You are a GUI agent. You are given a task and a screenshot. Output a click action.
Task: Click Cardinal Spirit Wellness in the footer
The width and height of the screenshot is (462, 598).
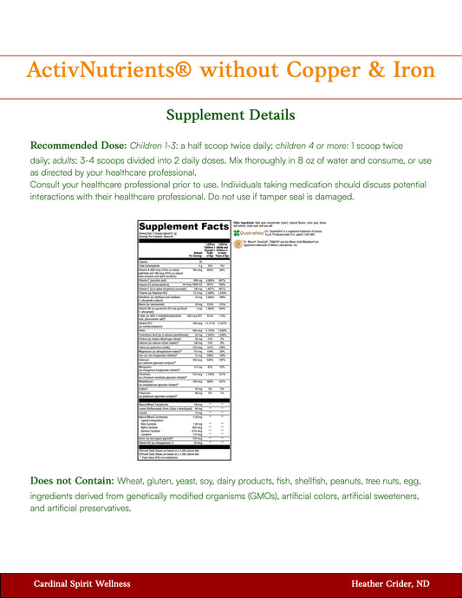tap(81, 585)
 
